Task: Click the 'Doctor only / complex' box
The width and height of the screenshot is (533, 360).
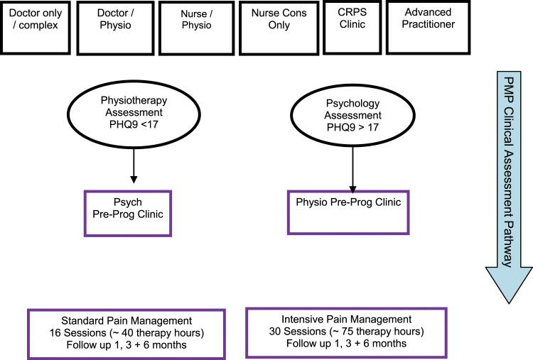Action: pyautogui.click(x=35, y=28)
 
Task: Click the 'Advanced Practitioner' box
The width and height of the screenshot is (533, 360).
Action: pyautogui.click(x=433, y=26)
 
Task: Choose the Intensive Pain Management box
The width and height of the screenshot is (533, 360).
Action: pyautogui.click(x=345, y=332)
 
